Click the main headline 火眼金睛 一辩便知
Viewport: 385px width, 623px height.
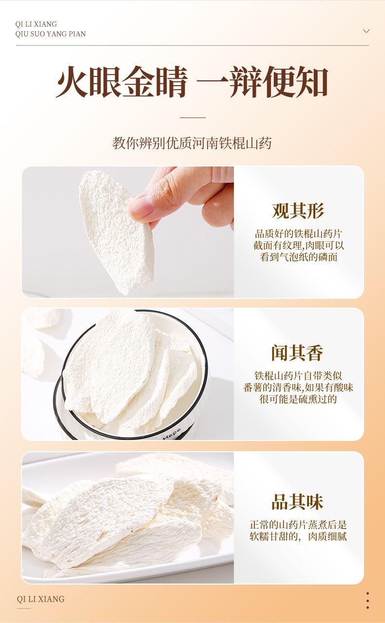192,82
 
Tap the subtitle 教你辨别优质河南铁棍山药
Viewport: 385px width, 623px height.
192,143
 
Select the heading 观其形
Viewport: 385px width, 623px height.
298,211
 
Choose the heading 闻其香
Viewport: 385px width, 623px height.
298,353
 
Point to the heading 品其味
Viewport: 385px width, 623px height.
298,502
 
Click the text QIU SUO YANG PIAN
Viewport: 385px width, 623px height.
50,34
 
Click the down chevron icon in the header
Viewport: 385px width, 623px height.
366,31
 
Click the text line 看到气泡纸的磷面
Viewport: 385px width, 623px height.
298,257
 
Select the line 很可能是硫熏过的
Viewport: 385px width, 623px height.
298,399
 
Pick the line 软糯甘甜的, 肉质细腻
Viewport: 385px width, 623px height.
298,536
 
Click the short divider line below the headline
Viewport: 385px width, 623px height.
192,118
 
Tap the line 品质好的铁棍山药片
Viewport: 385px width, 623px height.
298,234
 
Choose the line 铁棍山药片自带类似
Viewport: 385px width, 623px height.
298,376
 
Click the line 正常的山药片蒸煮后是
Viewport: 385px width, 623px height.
298,525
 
